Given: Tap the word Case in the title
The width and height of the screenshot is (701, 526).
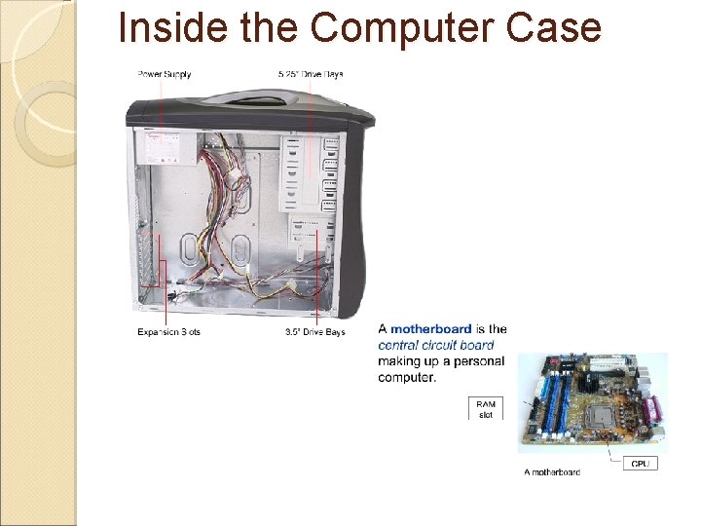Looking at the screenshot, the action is (x=556, y=28).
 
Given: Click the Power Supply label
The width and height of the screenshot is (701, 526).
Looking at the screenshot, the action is (x=165, y=74).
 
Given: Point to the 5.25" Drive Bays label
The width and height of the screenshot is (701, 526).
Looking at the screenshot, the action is (x=311, y=74).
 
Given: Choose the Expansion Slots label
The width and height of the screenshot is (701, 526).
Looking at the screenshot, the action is (x=168, y=332).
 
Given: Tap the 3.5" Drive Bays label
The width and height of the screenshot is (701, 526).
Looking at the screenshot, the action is (x=314, y=332).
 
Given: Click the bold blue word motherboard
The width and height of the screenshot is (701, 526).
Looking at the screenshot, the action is (x=431, y=329).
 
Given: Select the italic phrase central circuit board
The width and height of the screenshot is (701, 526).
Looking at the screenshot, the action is (x=435, y=345).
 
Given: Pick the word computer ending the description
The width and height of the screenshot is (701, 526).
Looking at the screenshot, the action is (x=407, y=377).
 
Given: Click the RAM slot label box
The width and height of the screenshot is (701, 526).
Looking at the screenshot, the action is (x=486, y=409).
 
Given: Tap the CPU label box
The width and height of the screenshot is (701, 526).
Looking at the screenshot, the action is (x=640, y=464).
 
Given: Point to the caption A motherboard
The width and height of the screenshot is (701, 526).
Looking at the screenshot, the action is (x=552, y=472).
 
